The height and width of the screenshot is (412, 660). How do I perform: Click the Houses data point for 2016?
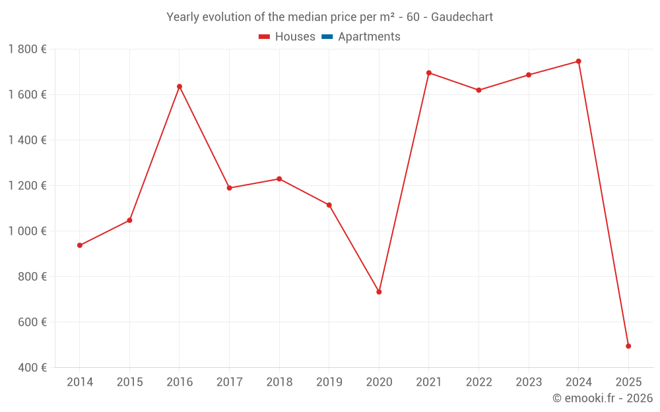point(180,86)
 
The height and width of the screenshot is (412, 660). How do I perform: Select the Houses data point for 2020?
point(379,292)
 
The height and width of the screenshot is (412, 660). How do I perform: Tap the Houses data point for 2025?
point(628,346)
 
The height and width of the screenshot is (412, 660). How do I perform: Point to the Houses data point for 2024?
point(579,61)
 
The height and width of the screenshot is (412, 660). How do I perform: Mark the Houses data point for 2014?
point(80,245)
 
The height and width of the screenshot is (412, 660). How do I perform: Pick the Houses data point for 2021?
point(429,73)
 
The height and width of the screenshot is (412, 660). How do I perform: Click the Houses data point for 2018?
point(279,179)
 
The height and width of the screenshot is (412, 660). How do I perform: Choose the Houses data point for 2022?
point(479,90)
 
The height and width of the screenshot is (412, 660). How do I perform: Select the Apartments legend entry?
point(369,37)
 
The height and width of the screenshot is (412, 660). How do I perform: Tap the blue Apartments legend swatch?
point(327,37)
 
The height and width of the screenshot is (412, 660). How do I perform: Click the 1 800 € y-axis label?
point(28,49)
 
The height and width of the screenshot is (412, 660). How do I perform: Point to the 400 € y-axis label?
point(32,367)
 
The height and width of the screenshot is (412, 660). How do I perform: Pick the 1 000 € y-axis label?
point(28,231)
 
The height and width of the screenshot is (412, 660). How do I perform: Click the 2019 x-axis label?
point(329,382)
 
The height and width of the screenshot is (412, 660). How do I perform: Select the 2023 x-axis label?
point(529,382)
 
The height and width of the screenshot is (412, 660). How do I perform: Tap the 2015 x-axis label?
point(129,382)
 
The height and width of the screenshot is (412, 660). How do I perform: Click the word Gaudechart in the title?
point(462,17)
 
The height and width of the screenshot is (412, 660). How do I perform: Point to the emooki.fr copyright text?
point(603,398)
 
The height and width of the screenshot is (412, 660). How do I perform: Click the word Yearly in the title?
point(183,17)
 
